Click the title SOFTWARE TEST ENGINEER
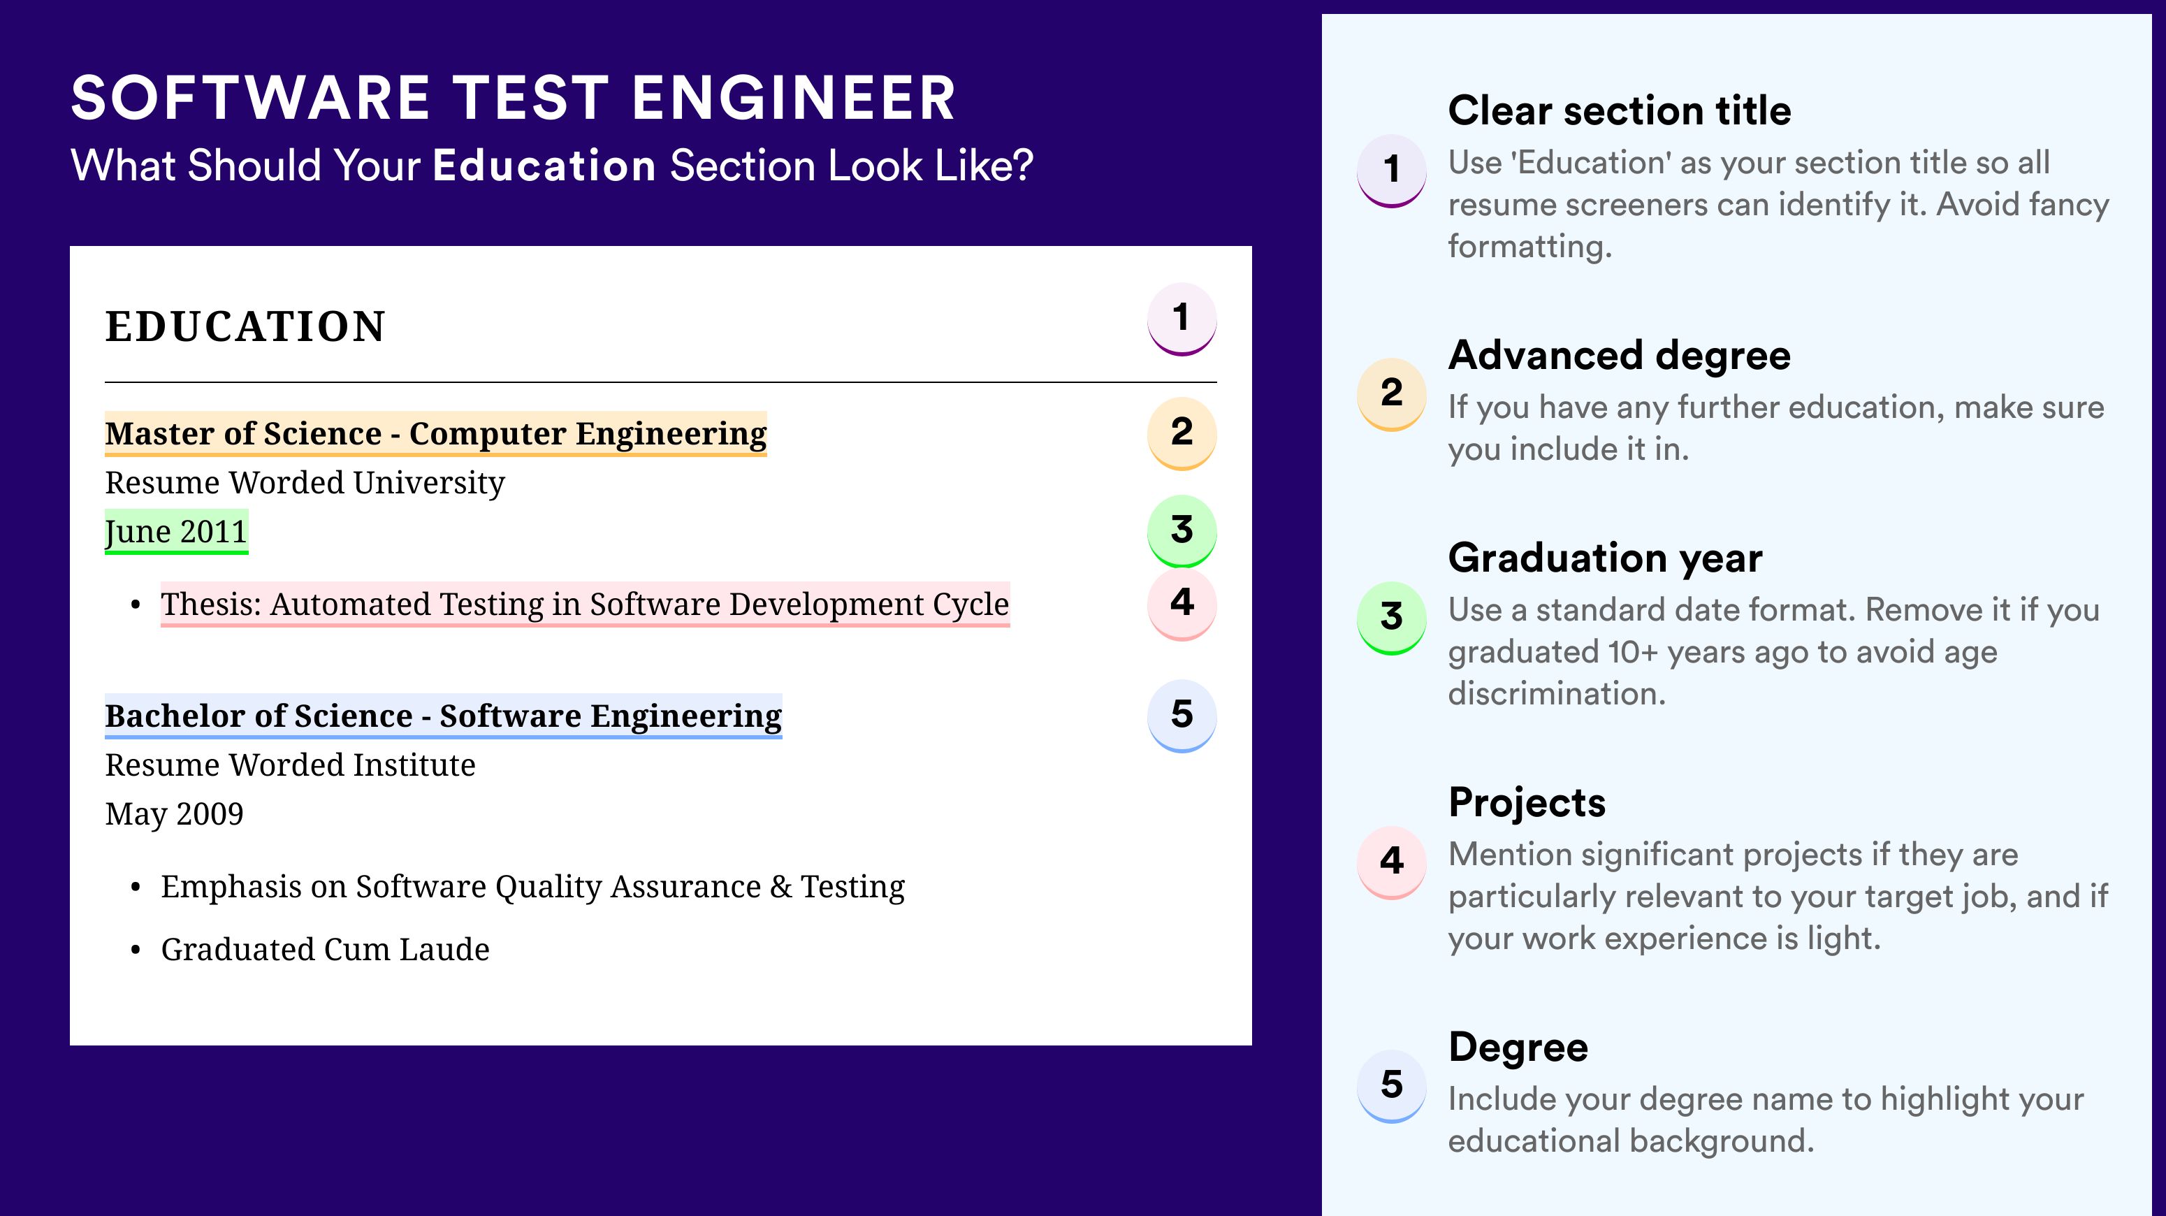pos(513,98)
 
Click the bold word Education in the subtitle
pos(544,165)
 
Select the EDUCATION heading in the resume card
pos(245,326)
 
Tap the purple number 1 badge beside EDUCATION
pos(1182,319)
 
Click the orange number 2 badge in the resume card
pos(1182,433)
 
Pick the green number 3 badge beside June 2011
pos(1182,530)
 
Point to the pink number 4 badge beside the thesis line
pos(1182,604)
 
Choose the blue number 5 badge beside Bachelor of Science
pos(1182,716)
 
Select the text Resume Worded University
pos(305,483)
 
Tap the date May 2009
pos(174,814)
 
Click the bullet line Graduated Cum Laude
pos(326,950)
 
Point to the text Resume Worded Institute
pos(290,765)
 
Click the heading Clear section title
pos(1620,110)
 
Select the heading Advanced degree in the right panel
pos(1620,356)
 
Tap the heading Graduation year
pos(1605,558)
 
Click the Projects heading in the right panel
pos(1527,802)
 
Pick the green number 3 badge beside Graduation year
pos(1392,618)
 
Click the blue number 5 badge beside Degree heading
pos(1392,1085)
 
